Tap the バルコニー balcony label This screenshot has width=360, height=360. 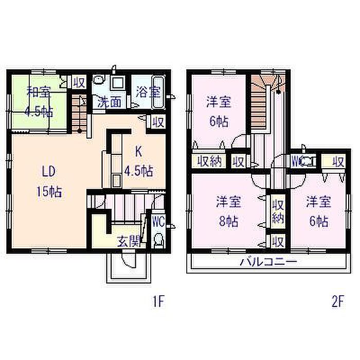coord(268,262)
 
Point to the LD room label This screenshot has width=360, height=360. coord(48,171)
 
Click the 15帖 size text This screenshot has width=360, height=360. coord(49,192)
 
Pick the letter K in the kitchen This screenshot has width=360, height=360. coord(138,152)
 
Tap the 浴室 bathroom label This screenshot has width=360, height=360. coord(148,92)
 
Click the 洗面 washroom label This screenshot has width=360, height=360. coord(109,102)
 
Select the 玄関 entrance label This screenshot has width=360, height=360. coord(129,241)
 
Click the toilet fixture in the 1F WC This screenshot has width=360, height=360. coord(158,240)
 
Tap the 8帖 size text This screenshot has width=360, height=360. coord(228,221)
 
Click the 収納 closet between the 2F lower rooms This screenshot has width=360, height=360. coord(278,211)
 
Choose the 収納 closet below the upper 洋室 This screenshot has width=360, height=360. coord(209,161)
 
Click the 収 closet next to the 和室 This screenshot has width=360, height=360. coord(79,82)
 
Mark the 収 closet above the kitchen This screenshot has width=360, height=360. coord(158,122)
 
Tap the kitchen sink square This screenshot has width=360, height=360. coord(116,181)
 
